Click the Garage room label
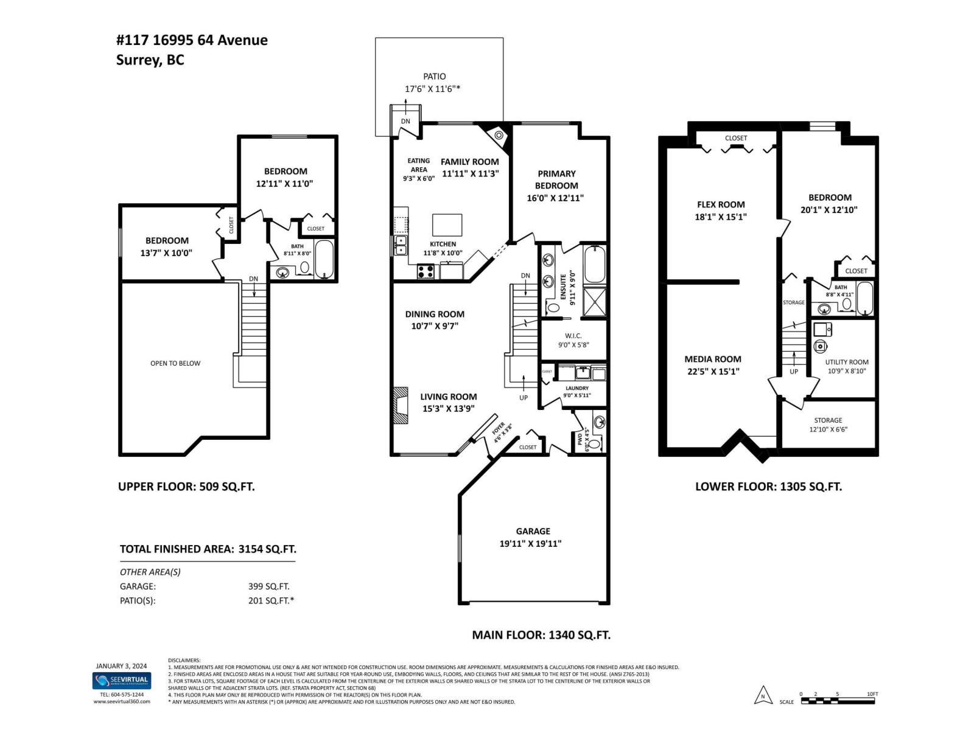click(533, 531)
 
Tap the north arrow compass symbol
click(762, 695)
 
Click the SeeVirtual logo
click(121, 680)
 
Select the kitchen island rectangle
click(447, 224)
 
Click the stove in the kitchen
click(426, 271)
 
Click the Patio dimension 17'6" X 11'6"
click(432, 89)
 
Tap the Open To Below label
click(175, 363)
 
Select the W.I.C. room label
click(573, 336)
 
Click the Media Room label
click(713, 359)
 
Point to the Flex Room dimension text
click(721, 217)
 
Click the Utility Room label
click(846, 362)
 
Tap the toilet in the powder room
click(594, 443)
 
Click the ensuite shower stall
click(595, 302)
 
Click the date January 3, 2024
click(121, 666)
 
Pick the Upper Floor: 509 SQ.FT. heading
click(186, 487)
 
